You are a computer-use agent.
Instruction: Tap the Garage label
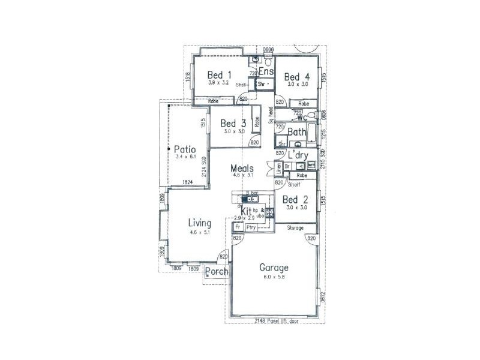click(274, 268)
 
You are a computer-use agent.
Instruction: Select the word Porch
click(217, 272)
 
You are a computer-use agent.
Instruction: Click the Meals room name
click(242, 169)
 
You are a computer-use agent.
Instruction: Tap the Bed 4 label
click(297, 77)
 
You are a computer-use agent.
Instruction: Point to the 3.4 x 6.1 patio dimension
click(186, 157)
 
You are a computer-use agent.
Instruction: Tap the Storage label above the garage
click(295, 229)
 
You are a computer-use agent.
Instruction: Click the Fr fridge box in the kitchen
click(238, 228)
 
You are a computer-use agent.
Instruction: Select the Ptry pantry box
click(251, 228)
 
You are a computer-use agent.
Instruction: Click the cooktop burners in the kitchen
click(270, 212)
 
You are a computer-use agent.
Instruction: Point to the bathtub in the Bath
click(310, 136)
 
